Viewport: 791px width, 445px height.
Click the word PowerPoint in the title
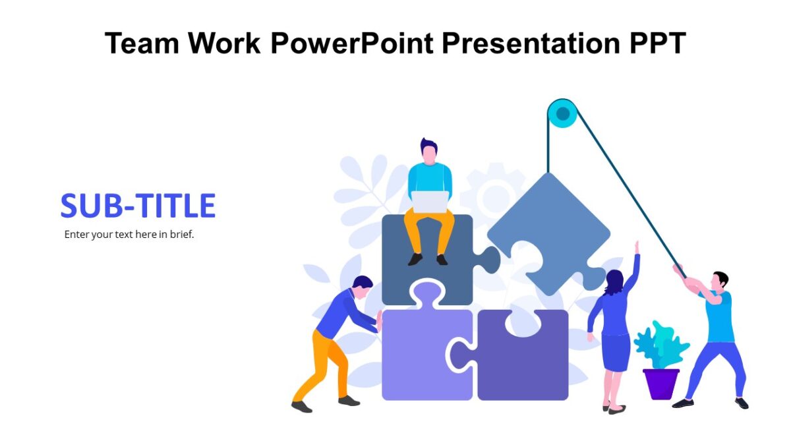(x=351, y=44)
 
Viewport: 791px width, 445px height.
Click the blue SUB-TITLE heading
(x=138, y=206)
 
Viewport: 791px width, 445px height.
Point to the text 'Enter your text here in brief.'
(x=129, y=234)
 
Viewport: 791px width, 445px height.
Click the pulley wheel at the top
(x=562, y=114)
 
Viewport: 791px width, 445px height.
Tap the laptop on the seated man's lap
(x=430, y=202)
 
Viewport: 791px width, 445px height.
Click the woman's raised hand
(x=637, y=247)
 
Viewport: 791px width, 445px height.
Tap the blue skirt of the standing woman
(x=616, y=352)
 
